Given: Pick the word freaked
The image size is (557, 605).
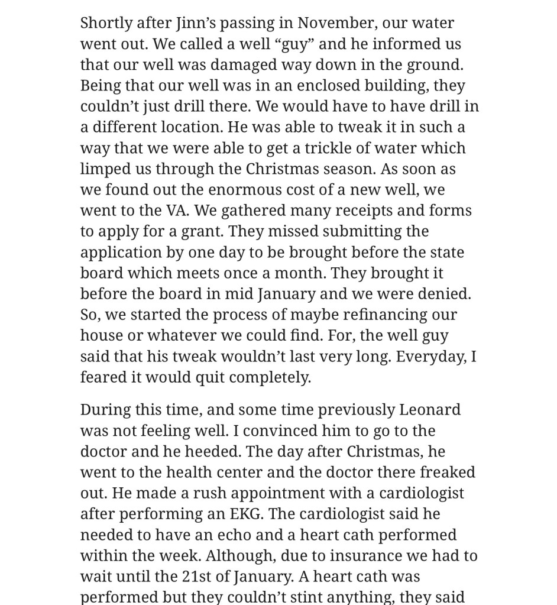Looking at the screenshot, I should pos(448,472).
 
